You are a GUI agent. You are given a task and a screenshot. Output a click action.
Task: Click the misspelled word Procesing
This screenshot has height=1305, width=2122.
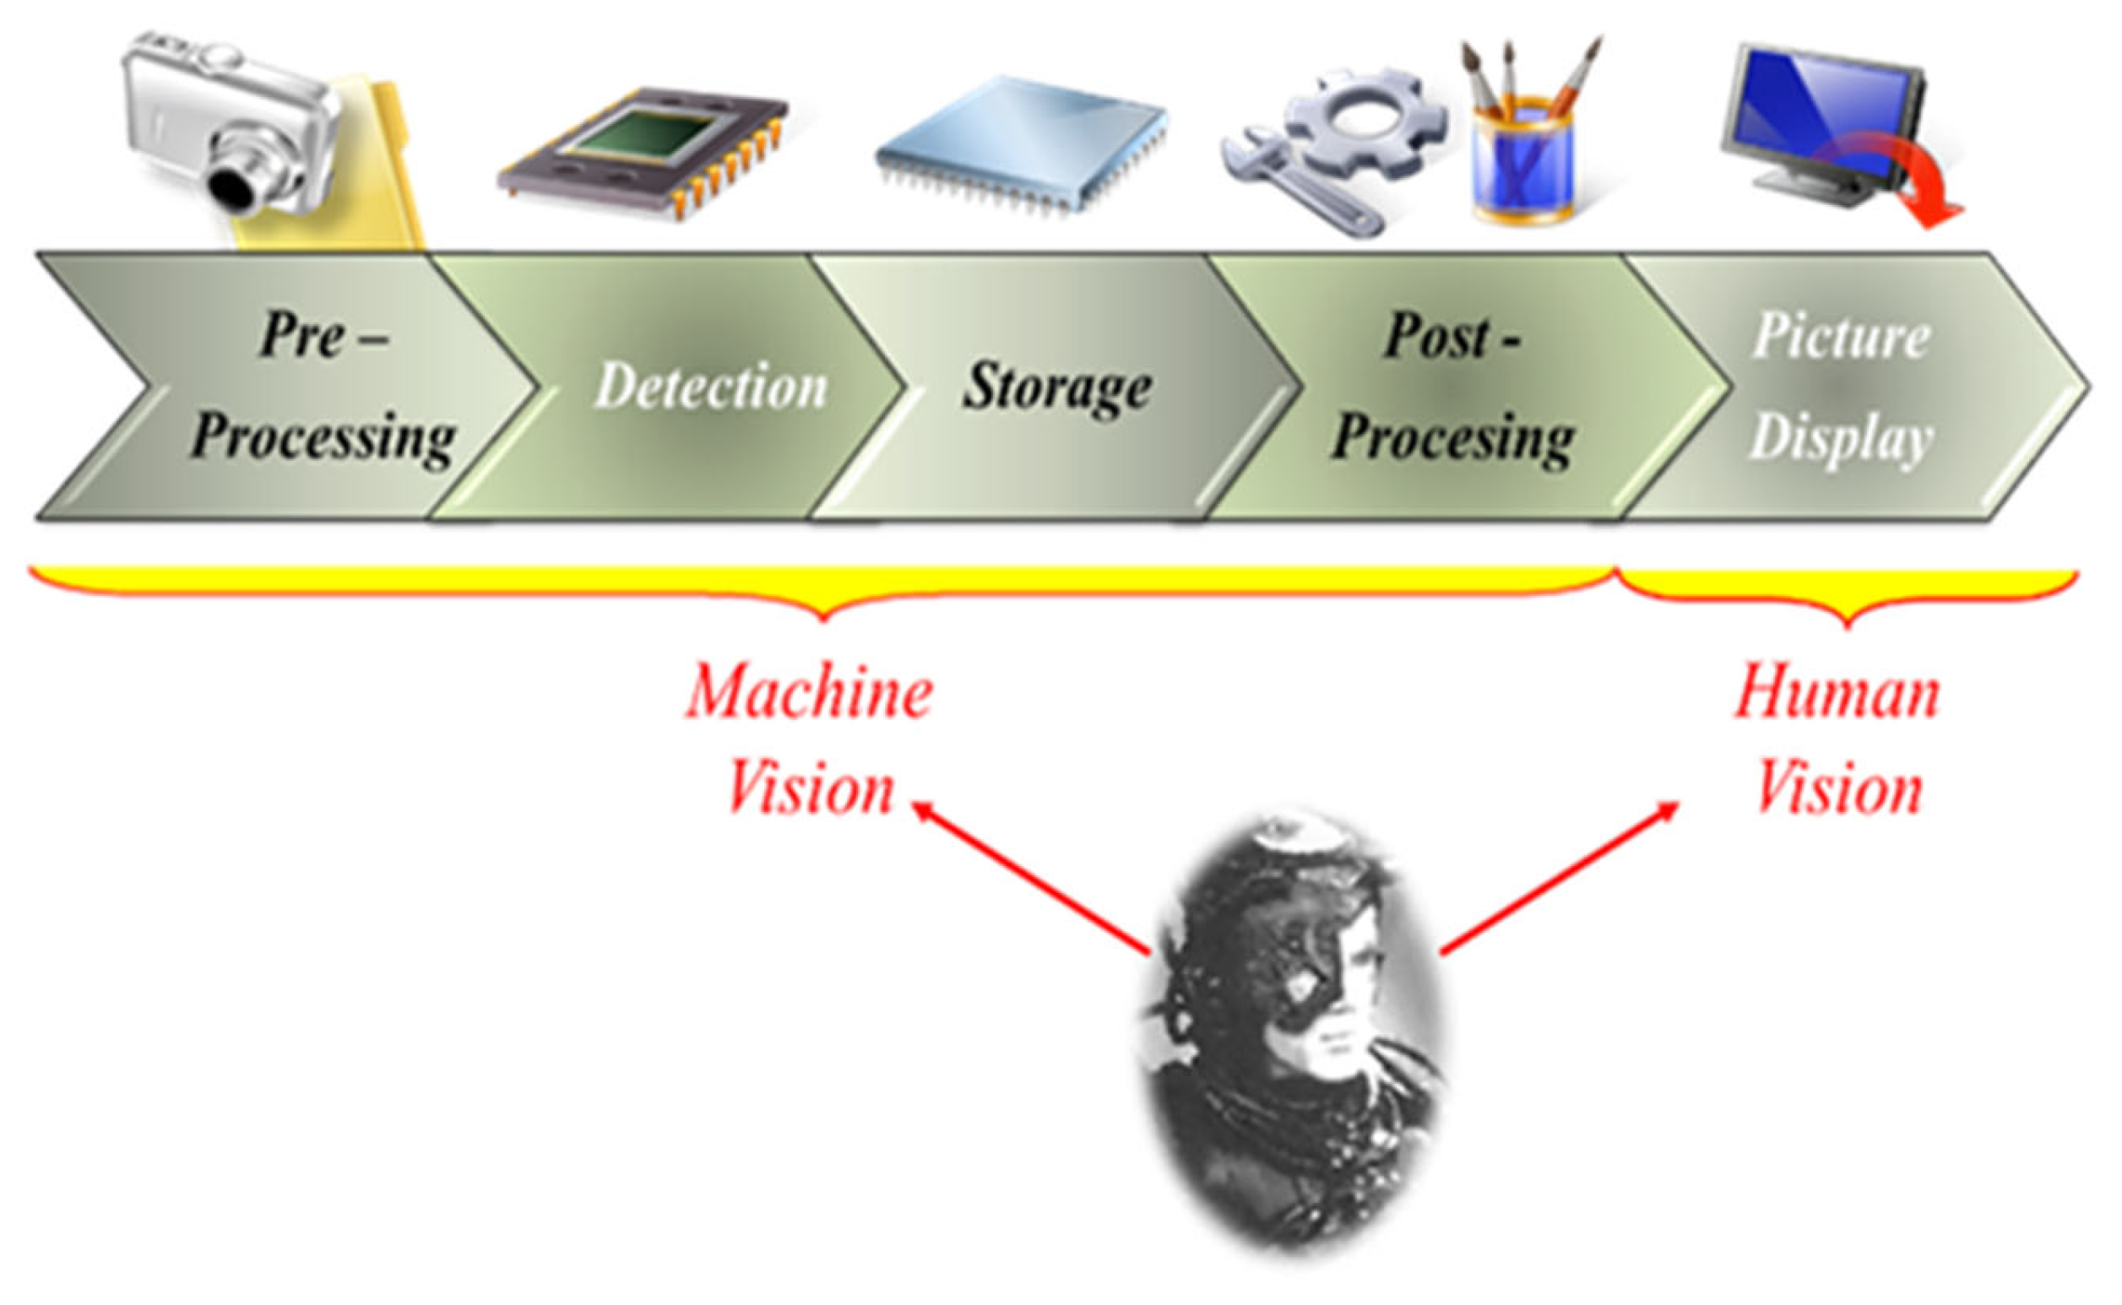click(x=1453, y=438)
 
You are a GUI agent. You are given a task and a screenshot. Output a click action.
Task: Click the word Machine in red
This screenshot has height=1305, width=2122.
click(x=810, y=692)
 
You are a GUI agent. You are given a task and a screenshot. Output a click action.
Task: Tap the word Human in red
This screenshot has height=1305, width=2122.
click(x=1838, y=692)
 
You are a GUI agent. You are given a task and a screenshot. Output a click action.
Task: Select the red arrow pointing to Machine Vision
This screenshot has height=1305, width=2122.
click(x=1032, y=879)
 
